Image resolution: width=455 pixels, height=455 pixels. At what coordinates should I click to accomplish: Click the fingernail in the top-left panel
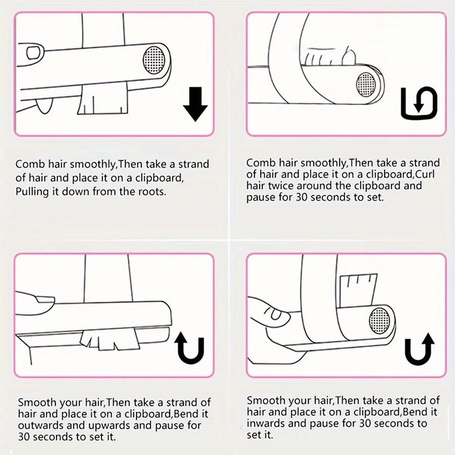point(33,52)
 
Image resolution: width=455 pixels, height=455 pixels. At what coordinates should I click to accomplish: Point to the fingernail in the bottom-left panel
point(45,299)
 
